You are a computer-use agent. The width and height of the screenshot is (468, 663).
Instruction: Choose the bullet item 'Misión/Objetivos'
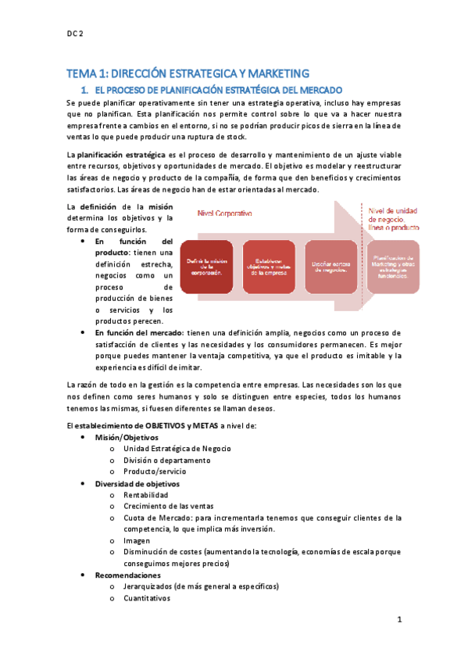(127, 437)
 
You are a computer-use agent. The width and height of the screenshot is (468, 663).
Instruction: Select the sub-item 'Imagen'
(137, 540)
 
